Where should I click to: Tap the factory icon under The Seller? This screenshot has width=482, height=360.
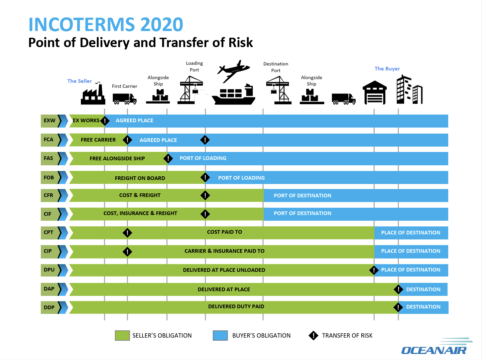(x=93, y=95)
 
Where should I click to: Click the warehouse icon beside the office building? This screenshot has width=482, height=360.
(x=375, y=93)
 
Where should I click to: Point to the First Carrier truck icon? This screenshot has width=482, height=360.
(x=124, y=99)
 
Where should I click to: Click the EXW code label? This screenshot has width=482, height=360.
(x=49, y=121)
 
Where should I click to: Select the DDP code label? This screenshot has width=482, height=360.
(x=49, y=307)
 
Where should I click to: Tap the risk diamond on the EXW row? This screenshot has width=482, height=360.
(x=105, y=121)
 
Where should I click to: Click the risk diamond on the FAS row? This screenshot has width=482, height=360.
(x=168, y=159)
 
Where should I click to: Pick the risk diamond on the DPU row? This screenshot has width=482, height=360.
(x=374, y=270)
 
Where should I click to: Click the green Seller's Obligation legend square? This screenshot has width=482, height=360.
(x=122, y=336)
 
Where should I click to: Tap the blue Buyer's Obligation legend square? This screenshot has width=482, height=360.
(x=220, y=336)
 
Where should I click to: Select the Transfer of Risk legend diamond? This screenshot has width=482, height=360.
(x=314, y=336)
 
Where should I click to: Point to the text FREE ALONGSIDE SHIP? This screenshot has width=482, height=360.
(x=117, y=159)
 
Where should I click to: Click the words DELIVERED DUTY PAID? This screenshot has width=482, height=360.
(x=236, y=307)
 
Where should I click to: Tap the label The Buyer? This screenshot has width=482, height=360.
(x=387, y=69)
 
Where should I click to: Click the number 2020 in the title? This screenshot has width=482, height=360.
(x=162, y=24)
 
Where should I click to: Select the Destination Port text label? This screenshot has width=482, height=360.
(x=276, y=67)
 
